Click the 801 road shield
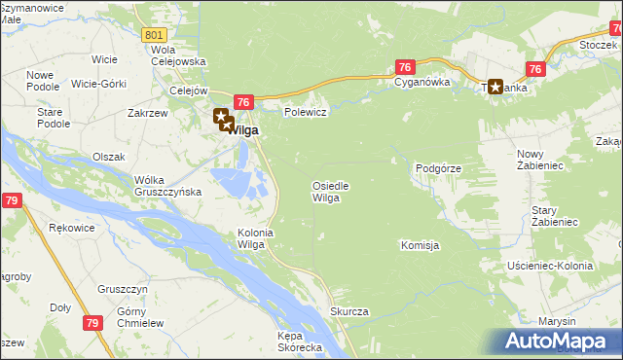point(153,35)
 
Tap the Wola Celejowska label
point(178,55)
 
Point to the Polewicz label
point(304,112)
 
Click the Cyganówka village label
point(421,83)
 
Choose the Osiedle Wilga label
point(330,192)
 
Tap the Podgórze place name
point(437,168)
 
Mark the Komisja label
point(421,245)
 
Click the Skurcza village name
point(348,311)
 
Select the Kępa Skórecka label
point(299,342)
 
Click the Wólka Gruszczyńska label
point(167,185)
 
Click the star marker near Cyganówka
point(496,87)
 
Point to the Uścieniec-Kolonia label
point(550,266)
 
